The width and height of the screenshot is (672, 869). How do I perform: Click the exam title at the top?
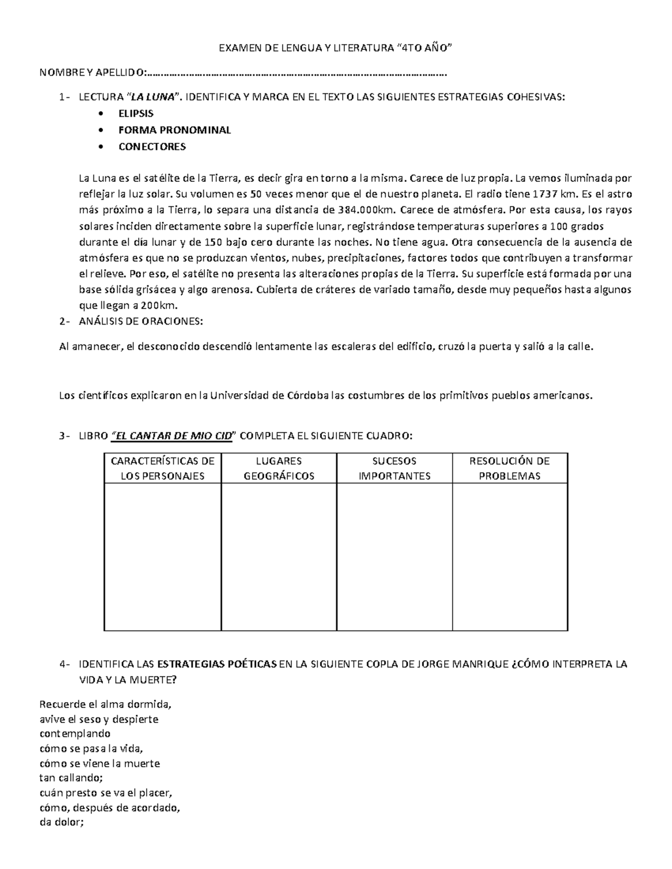click(334, 49)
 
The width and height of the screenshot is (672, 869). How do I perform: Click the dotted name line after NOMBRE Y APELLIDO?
click(297, 73)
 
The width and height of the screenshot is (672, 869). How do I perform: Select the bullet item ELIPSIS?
click(136, 114)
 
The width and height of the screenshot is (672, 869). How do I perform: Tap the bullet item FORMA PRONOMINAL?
click(174, 130)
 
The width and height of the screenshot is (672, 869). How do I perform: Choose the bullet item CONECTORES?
click(152, 147)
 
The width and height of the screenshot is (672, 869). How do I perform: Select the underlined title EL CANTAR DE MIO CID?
click(172, 436)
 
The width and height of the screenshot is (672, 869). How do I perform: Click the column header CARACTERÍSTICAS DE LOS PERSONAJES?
click(162, 468)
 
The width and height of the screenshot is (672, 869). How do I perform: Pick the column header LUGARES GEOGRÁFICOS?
click(278, 468)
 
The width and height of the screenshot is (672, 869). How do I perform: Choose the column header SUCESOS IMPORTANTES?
click(394, 468)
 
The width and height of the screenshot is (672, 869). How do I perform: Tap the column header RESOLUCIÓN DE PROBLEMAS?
click(510, 468)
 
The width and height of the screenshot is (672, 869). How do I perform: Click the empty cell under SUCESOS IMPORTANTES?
click(394, 557)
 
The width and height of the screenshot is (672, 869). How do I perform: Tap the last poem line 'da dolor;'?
click(62, 823)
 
